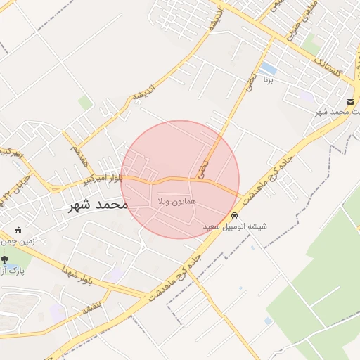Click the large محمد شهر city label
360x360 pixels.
(98, 205)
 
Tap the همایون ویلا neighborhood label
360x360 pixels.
(174, 201)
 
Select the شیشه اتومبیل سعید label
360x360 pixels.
(234, 227)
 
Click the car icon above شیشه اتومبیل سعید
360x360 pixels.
(234, 216)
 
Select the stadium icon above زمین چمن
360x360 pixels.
(18, 229)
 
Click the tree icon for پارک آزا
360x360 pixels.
(6, 259)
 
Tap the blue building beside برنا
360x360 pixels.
(268, 68)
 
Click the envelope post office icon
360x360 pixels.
(350, 102)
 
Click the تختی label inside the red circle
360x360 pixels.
(203, 169)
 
